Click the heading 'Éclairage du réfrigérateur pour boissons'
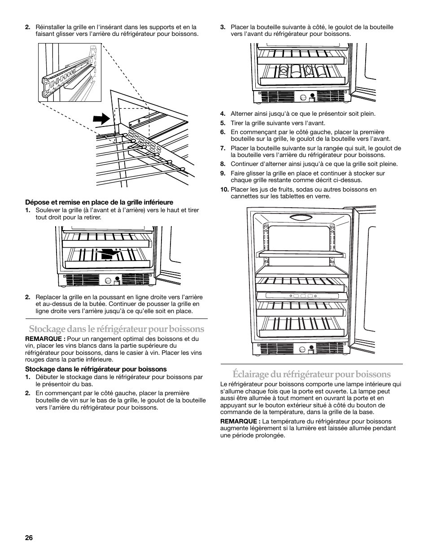pos(311,374)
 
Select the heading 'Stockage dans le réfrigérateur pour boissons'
pos(116,328)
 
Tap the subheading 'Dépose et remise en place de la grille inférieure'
pos(99,202)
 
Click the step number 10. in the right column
pos(224,189)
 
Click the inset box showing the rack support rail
pos(70,73)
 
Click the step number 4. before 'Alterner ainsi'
pos(223,114)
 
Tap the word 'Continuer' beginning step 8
pos(245,164)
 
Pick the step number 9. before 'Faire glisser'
pos(223,173)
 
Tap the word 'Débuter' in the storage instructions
pos(47,377)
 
